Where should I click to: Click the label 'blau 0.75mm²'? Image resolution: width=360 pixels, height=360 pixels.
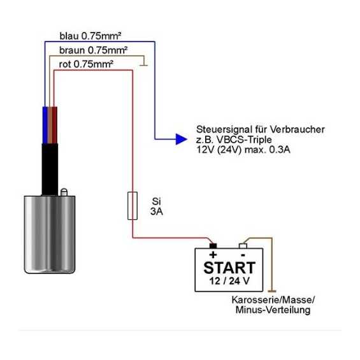[x=90, y=36]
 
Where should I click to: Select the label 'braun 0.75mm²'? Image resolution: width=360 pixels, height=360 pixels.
[x=93, y=50]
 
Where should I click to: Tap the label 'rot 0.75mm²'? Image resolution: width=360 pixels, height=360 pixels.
[x=86, y=64]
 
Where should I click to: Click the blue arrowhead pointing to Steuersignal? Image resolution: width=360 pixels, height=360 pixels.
[x=182, y=139]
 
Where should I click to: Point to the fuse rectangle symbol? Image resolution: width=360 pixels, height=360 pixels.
[x=133, y=206]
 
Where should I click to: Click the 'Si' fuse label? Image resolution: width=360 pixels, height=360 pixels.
[x=156, y=201]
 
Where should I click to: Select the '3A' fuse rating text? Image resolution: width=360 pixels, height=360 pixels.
[x=157, y=212]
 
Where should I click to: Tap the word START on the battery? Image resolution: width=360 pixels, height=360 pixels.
[x=229, y=268]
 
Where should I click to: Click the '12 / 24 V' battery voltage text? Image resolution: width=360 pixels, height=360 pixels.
[x=229, y=281]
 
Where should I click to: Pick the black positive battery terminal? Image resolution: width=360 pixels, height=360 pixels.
[x=213, y=246]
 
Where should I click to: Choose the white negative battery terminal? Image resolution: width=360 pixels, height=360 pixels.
[x=243, y=246]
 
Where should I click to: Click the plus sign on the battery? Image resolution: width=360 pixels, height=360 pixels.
[x=213, y=255]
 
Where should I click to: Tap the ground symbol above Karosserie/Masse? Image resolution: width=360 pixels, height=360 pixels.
[x=272, y=291]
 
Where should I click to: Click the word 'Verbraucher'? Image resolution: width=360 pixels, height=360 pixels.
[x=297, y=129]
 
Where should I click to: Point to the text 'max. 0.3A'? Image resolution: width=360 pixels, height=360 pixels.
[x=268, y=150]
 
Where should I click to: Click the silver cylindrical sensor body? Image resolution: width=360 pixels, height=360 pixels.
[x=50, y=234]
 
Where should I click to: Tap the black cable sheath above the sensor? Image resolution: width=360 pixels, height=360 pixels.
[x=50, y=169]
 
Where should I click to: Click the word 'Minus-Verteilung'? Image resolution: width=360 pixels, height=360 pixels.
[x=273, y=310]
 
